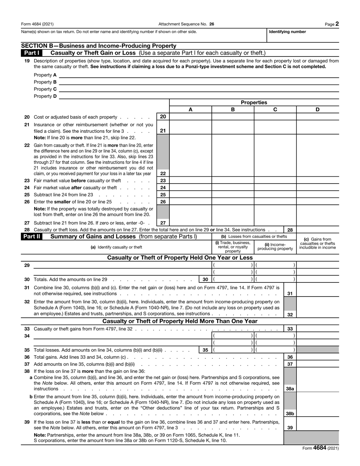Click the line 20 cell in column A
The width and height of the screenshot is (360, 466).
click(190, 117)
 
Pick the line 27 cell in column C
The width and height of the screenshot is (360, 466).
click(275, 223)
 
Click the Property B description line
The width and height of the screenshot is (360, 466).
click(199, 82)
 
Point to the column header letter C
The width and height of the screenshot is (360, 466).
click(275, 110)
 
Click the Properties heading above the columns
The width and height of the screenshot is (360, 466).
click(254, 102)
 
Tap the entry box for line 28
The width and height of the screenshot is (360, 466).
click(317, 230)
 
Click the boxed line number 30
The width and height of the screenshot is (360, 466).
click(205, 279)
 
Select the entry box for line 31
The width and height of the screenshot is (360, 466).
click(317, 290)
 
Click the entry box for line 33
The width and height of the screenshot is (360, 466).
click(317, 329)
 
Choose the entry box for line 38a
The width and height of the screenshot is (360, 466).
click(317, 384)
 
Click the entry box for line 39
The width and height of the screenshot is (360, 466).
click(317, 424)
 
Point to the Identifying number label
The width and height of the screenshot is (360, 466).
click(287, 32)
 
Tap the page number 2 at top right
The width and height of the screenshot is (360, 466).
click(337, 24)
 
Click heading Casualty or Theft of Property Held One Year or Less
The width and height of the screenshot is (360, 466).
click(180, 258)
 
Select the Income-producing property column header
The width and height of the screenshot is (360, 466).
click(275, 247)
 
